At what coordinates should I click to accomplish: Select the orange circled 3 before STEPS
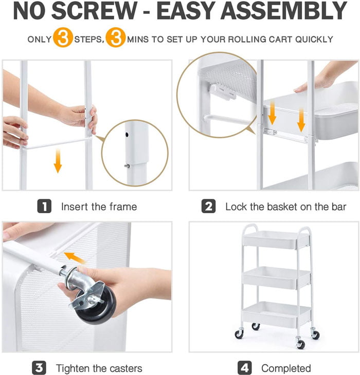[x=63, y=39]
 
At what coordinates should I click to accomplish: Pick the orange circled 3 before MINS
[x=116, y=39]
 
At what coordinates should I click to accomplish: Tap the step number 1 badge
[x=45, y=207]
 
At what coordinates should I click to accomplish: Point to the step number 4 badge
[x=245, y=368]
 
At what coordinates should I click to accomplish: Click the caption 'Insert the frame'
[x=99, y=207]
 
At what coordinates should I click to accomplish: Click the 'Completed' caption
[x=286, y=368]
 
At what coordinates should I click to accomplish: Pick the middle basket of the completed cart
[x=277, y=277]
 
